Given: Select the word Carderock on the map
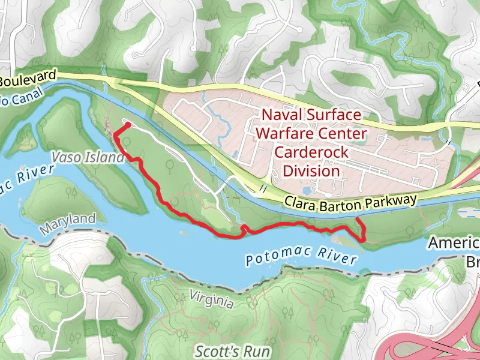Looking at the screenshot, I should (311, 152).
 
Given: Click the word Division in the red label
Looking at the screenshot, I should (311, 171).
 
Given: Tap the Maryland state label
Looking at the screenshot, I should (68, 223).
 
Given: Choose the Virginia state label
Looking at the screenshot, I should (211, 298).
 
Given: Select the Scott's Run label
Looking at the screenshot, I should (233, 351).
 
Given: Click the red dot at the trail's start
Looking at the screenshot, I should (128, 125).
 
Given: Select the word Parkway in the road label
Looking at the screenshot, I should (392, 200).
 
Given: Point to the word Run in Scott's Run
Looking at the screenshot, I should (257, 351).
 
